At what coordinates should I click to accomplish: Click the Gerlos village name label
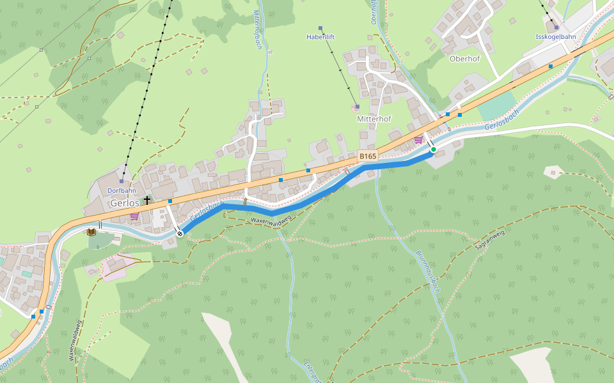click(124, 203)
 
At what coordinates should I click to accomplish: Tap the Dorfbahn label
click(122, 190)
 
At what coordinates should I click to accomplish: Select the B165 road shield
click(368, 156)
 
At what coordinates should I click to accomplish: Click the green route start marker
click(433, 149)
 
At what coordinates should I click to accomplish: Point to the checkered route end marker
click(180, 234)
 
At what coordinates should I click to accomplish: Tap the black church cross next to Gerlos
click(147, 200)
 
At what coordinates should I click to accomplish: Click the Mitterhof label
click(374, 119)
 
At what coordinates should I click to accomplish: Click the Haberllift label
click(320, 37)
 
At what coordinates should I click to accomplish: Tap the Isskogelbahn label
click(556, 37)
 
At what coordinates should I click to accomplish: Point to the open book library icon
click(91, 231)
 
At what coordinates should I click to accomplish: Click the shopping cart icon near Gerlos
click(134, 216)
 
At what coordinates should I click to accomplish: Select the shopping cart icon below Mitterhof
click(418, 139)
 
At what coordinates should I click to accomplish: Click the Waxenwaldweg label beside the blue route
click(271, 220)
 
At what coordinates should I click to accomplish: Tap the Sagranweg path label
click(489, 241)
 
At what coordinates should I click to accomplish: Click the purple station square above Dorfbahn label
click(122, 181)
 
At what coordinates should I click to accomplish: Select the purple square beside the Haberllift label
click(320, 28)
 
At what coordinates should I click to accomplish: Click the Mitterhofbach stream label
click(258, 29)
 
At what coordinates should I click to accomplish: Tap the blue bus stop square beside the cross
click(170, 201)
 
